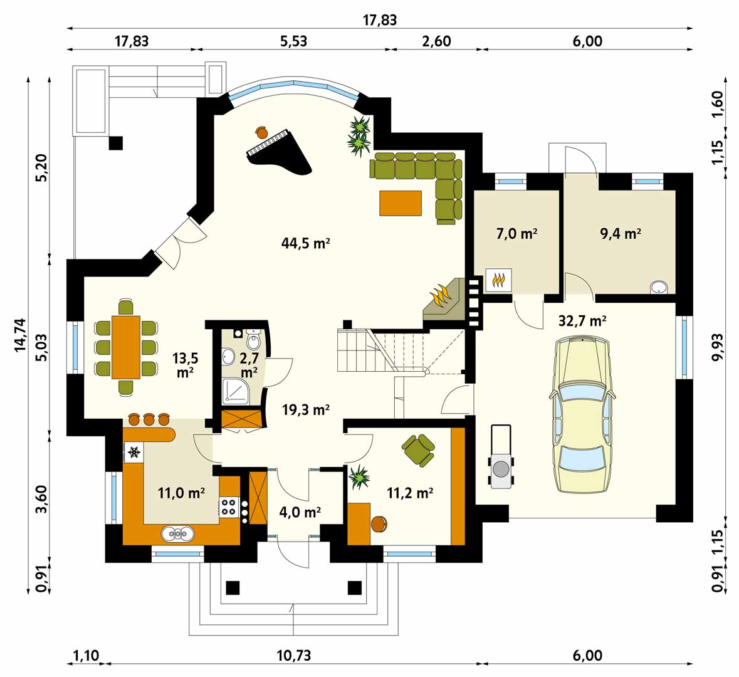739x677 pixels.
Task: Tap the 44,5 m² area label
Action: [305, 243]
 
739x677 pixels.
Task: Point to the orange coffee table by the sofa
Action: [401, 202]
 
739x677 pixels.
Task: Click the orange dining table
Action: [126, 347]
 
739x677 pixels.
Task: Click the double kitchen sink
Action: [177, 533]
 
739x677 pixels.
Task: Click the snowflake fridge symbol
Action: [134, 453]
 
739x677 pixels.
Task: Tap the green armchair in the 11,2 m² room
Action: [418, 449]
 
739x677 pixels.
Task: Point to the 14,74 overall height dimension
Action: [20, 335]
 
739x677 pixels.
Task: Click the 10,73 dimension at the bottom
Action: [293, 656]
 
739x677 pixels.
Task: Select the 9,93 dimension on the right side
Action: [716, 348]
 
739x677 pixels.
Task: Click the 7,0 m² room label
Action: [517, 233]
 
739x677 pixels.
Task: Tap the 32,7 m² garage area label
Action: [582, 321]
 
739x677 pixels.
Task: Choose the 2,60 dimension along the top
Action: [436, 41]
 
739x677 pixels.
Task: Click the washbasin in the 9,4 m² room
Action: [658, 286]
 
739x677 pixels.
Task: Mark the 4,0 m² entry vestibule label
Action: [300, 512]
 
